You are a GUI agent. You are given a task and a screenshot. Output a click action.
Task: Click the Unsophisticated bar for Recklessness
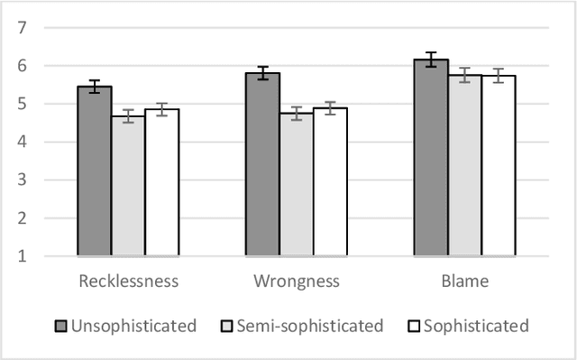(x=95, y=171)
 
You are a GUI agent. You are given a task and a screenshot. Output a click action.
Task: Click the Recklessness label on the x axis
(x=129, y=282)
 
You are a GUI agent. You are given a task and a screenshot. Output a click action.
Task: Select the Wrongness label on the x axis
(x=297, y=282)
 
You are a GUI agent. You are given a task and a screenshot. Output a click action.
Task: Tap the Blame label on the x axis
(x=465, y=282)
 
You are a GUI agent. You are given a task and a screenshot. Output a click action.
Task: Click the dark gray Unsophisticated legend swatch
(x=61, y=326)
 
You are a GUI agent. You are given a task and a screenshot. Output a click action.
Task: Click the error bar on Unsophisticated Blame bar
(x=431, y=60)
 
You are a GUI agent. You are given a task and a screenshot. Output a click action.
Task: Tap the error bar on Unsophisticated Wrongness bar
(x=262, y=73)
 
